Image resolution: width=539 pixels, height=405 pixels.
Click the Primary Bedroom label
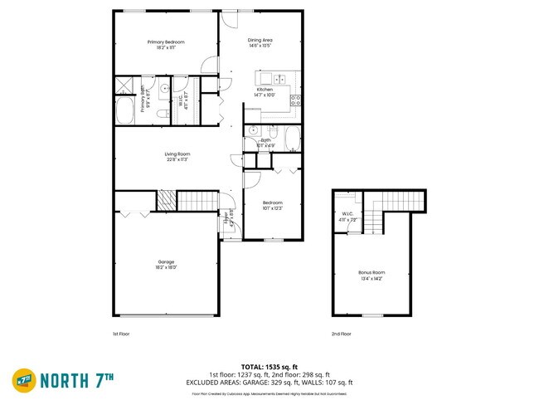166,42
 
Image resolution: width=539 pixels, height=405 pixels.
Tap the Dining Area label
260,40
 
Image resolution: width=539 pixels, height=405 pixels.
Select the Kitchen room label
276,90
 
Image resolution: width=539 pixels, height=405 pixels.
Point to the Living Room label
177,154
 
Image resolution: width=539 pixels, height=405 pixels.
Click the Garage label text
166,262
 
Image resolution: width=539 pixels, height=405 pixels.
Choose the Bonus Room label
371,272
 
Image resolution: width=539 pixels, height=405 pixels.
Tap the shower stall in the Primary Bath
125,83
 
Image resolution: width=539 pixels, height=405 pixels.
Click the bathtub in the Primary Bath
126,110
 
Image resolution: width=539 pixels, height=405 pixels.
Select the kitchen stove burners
295,100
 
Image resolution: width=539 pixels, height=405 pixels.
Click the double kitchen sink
279,80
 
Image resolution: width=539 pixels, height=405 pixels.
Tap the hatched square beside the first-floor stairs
168,200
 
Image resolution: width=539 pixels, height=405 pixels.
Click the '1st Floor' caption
121,334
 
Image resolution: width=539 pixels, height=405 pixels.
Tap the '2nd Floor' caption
341,334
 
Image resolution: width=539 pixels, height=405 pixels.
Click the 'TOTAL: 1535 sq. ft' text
269,366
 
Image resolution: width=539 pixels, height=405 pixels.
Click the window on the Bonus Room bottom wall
373,315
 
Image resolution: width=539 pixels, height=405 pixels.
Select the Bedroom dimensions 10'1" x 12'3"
273,207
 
